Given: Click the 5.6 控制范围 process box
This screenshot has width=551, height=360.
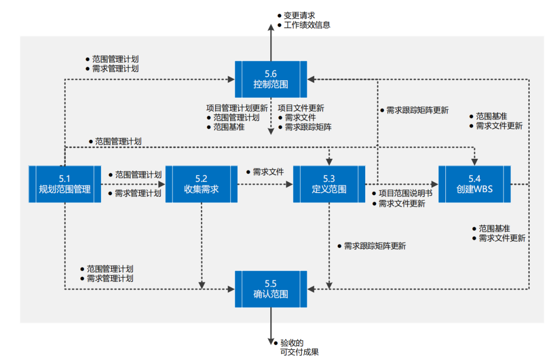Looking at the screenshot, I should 270,79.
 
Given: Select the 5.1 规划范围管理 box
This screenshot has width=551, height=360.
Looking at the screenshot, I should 65,184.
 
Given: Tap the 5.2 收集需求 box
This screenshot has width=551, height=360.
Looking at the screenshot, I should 202,184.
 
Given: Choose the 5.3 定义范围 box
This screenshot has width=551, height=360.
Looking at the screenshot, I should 329,184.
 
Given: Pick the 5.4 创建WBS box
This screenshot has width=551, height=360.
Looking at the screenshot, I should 475,184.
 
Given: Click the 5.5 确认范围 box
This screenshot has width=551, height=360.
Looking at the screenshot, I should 270,289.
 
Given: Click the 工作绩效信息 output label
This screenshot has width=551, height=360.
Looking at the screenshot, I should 307,25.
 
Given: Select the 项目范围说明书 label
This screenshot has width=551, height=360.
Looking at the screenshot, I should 405,194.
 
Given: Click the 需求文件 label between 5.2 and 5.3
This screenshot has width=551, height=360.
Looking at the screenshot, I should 268,172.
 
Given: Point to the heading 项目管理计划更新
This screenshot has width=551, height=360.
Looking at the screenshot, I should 237,108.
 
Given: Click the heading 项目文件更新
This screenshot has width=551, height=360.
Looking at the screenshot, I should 300,108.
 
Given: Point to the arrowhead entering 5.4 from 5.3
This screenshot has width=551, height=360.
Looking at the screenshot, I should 435,184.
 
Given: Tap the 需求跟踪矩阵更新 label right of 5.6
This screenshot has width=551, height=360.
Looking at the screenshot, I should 417,110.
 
